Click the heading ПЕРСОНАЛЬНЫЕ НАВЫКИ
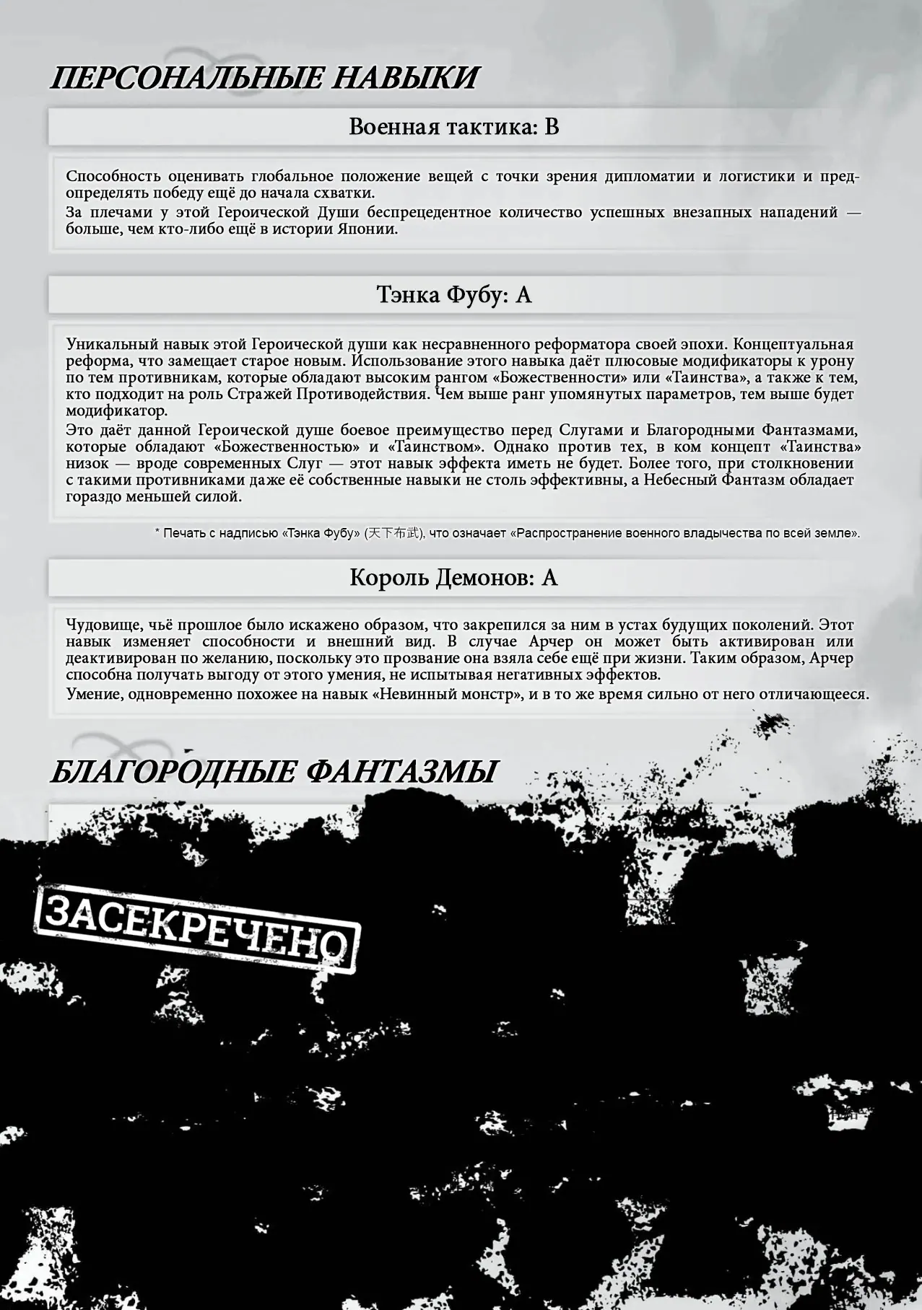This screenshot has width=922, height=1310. [264, 77]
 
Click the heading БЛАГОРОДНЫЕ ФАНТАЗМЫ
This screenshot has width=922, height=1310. [273, 771]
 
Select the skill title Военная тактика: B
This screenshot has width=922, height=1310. [453, 127]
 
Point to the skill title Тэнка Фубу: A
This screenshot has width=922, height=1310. [453, 295]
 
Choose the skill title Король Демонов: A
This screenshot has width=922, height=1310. [453, 578]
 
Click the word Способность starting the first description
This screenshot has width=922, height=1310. [113, 176]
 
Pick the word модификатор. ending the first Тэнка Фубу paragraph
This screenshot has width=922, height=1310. [116, 411]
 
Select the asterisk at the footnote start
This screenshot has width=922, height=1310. [157, 532]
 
